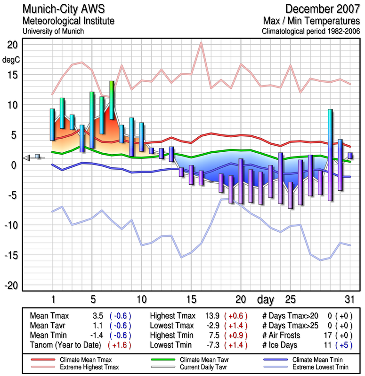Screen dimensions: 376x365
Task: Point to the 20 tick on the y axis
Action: tap(12, 45)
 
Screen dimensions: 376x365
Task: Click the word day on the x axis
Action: tap(266, 299)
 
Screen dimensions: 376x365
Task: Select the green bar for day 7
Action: tap(112, 100)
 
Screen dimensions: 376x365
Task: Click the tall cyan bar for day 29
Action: tap(330, 155)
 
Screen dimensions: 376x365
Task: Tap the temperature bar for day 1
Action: tap(52, 124)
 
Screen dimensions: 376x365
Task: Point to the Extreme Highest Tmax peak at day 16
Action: tap(201, 43)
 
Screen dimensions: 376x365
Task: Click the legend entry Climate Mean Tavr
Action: tap(189, 359)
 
